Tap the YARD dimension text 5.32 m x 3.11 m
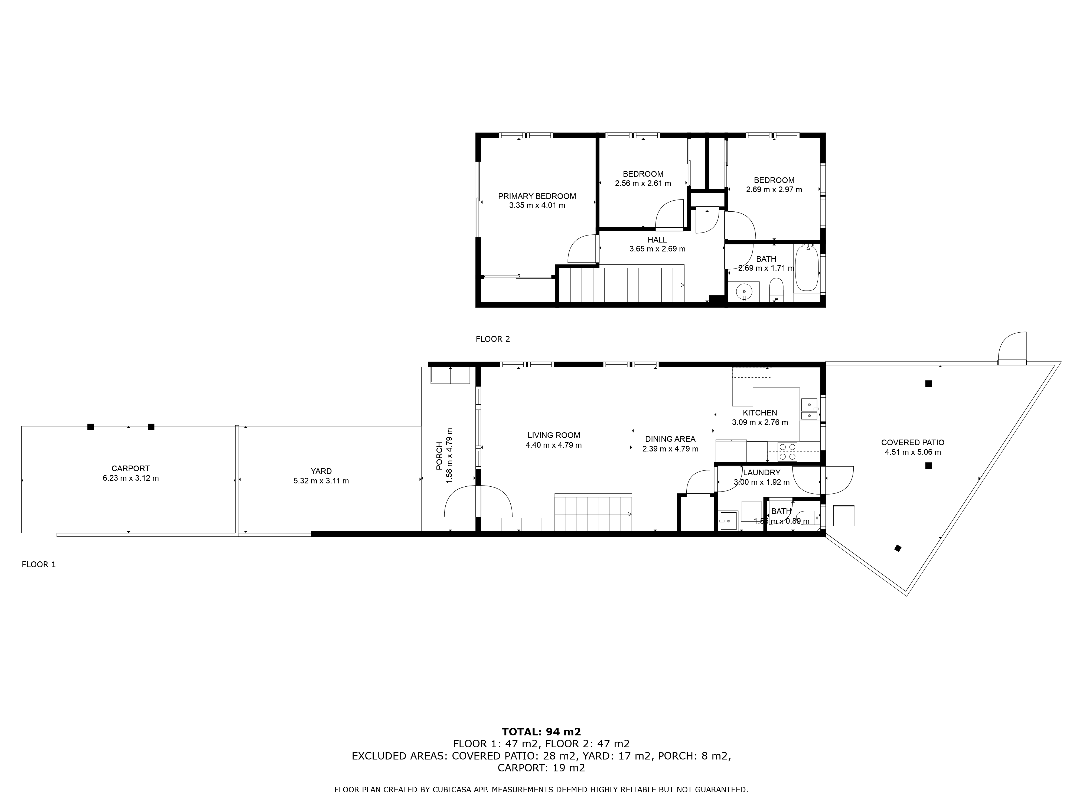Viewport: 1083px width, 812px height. [x=321, y=481]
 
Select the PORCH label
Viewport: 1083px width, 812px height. [x=439, y=456]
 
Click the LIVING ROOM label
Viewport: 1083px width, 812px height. [x=554, y=435]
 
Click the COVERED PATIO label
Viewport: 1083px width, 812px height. [x=913, y=443]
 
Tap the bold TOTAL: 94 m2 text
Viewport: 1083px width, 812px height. [x=541, y=745]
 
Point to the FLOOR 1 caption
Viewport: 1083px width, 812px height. [x=39, y=564]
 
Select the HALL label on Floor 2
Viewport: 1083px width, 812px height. [x=657, y=240]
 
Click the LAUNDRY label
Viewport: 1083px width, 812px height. [x=761, y=472]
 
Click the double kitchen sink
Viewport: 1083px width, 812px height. [x=809, y=410]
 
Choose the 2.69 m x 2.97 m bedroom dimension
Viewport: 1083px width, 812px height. [x=774, y=189]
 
